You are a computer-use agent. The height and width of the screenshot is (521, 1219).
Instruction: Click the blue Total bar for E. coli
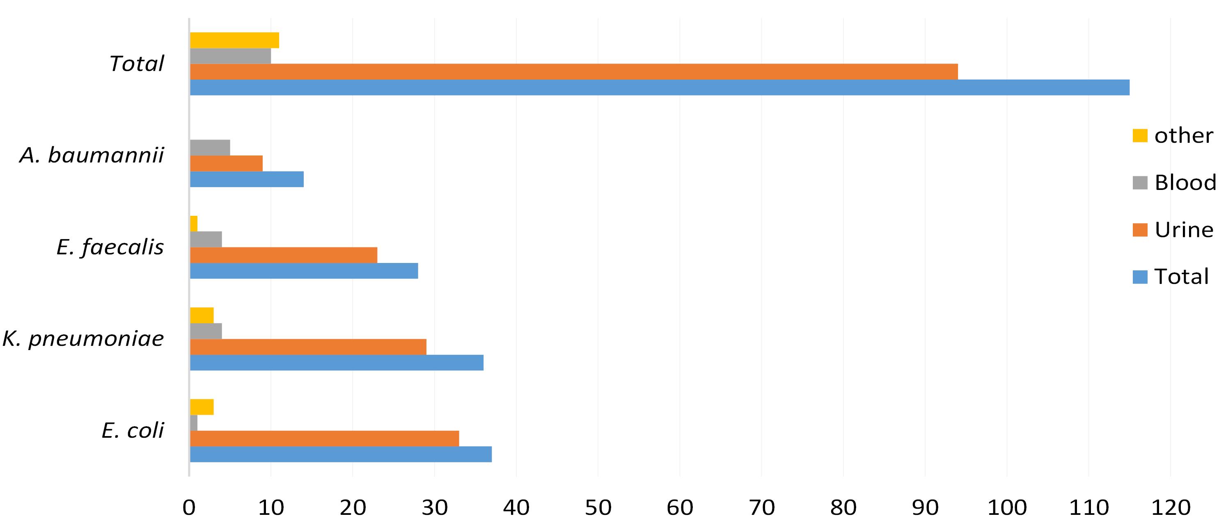[341, 455]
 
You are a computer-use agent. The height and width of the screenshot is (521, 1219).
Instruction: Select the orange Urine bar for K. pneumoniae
[308, 347]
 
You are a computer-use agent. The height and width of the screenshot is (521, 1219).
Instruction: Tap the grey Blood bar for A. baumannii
[210, 148]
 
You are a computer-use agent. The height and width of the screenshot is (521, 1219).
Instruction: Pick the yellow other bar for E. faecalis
[194, 224]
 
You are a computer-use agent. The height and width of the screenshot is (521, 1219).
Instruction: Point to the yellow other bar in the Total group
[234, 40]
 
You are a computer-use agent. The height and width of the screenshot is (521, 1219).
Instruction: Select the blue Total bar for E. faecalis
[304, 271]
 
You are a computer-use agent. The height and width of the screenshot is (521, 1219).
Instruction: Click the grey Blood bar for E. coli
[194, 423]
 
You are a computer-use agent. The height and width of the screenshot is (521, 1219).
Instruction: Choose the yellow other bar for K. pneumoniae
[202, 315]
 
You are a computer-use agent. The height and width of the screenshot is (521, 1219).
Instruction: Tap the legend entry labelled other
[1172, 136]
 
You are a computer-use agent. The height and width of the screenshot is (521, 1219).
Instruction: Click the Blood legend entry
[1173, 183]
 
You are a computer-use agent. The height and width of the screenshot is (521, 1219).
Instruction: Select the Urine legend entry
[1173, 230]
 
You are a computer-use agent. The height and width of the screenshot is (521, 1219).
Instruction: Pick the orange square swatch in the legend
[1139, 230]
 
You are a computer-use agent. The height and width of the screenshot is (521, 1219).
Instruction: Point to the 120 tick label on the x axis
[1171, 508]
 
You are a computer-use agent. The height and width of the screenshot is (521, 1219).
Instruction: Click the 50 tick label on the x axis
[598, 508]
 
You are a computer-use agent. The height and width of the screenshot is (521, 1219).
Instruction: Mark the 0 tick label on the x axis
[189, 508]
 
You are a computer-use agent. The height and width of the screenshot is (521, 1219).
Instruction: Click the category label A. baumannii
[92, 155]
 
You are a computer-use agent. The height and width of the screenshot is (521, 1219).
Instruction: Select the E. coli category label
[133, 431]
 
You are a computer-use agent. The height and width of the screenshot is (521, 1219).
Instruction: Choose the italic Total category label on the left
[137, 63]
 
